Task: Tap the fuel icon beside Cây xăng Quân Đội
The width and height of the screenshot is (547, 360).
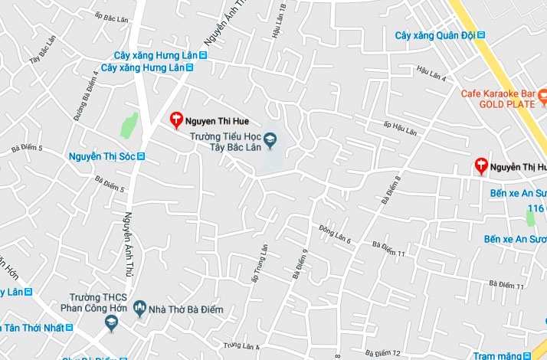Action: [481, 35]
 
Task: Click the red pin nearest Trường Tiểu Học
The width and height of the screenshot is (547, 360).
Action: [175, 119]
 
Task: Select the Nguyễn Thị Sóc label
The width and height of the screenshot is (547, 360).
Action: [102, 156]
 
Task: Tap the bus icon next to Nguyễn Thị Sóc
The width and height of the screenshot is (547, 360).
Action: [140, 156]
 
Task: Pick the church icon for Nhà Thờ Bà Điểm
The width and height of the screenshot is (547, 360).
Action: [139, 309]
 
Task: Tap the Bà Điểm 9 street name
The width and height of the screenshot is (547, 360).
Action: [300, 263]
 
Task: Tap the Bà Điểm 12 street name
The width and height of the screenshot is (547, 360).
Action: [383, 352]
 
